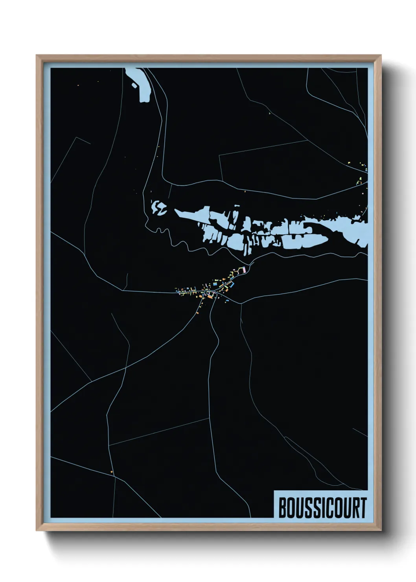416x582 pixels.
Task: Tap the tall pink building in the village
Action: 244,270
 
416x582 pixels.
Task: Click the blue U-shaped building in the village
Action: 232,284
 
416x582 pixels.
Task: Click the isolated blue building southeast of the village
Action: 227,300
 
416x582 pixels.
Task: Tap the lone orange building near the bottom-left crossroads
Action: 112,471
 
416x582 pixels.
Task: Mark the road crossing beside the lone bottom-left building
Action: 114,476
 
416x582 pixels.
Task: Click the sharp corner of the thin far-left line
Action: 79,138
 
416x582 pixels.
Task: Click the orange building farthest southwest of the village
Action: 197,313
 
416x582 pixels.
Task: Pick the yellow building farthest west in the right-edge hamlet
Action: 349,162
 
